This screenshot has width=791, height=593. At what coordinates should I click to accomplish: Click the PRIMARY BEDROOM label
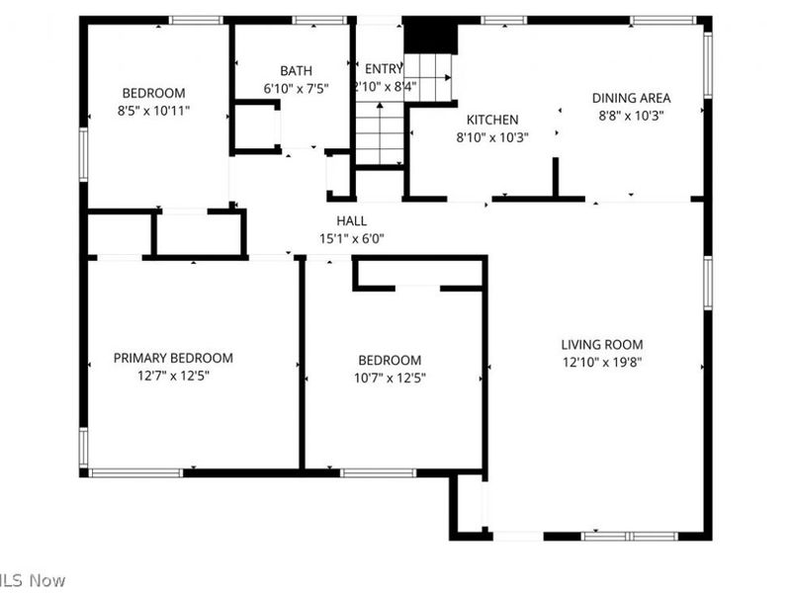[x=173, y=358]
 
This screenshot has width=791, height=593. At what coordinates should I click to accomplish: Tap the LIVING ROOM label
[x=602, y=345]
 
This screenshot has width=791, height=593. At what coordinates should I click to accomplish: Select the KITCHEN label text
[x=492, y=120]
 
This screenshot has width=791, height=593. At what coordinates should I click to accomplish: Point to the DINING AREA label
[x=631, y=98]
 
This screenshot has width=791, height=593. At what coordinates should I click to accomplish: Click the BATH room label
[x=296, y=70]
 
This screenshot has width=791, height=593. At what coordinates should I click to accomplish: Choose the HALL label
[x=351, y=221]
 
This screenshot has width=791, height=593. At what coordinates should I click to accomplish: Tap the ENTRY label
[x=384, y=69]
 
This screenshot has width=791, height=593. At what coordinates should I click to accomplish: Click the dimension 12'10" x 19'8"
[x=602, y=362]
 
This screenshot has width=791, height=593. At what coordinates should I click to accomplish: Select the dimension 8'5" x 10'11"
[x=153, y=111]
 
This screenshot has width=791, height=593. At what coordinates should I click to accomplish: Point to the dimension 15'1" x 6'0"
[x=351, y=238]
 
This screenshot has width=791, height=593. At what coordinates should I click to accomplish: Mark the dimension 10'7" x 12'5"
[x=390, y=378]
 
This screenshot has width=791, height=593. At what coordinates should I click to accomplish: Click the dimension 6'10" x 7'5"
[x=296, y=88]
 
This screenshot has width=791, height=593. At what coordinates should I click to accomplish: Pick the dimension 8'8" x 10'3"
[x=631, y=115]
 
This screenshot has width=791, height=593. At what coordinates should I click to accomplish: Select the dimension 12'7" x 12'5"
[x=173, y=375]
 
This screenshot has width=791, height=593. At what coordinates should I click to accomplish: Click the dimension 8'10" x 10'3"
[x=492, y=137]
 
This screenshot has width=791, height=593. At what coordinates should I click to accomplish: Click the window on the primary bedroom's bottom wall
[x=135, y=472]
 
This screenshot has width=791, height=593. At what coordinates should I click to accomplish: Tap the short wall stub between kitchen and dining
[x=556, y=178]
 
